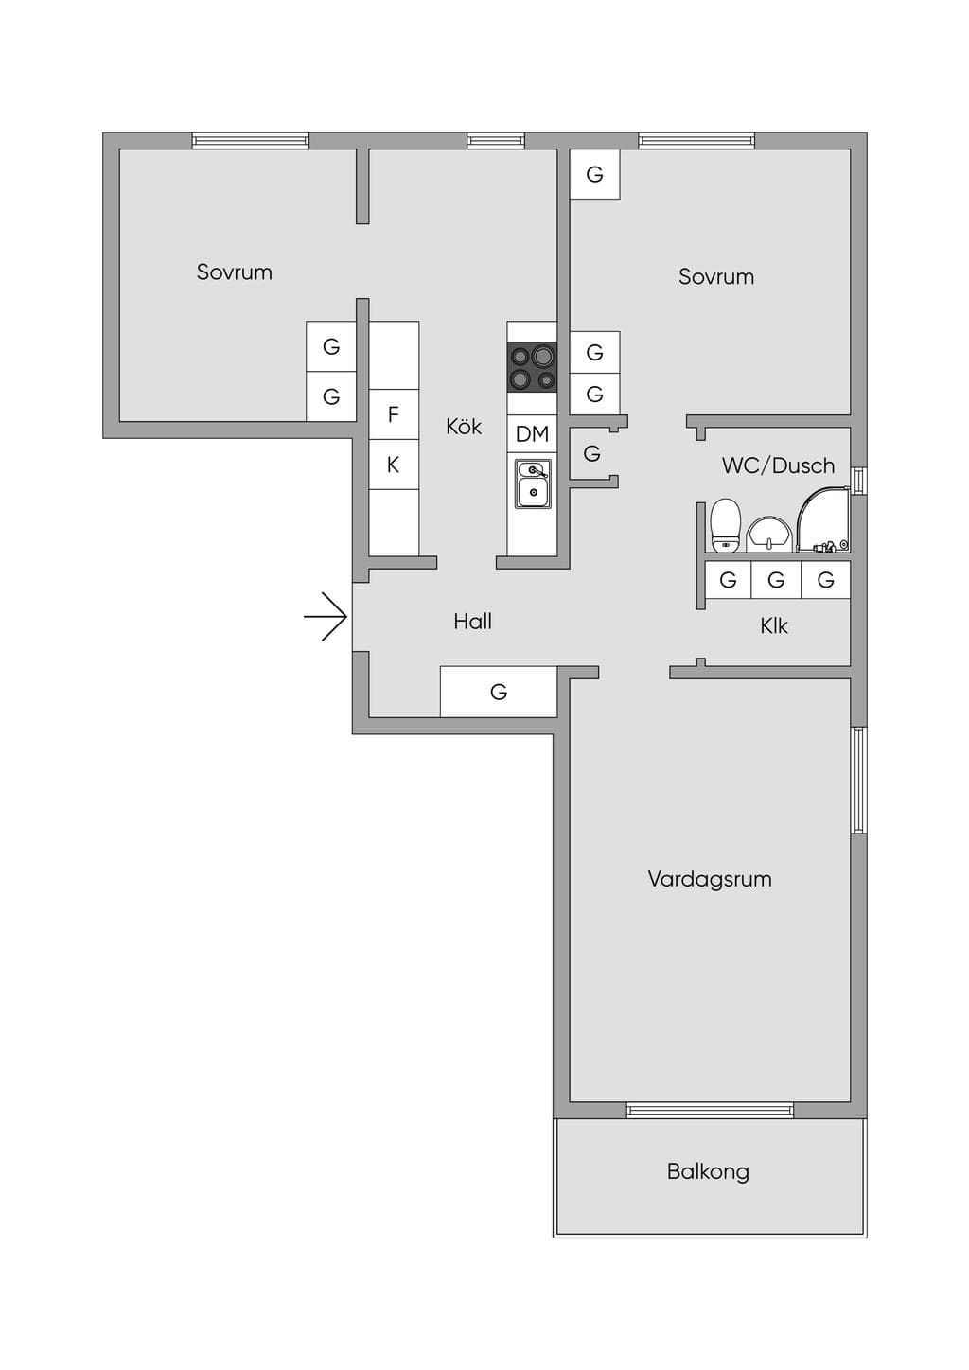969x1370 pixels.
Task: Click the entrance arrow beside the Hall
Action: tap(326, 617)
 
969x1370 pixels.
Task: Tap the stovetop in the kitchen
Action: tap(532, 366)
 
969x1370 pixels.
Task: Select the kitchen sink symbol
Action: tap(533, 483)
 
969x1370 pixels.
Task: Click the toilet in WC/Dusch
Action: tap(726, 526)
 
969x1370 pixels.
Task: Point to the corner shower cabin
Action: tap(823, 519)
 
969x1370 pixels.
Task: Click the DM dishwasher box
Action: tap(532, 434)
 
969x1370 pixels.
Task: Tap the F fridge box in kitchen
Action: tap(394, 414)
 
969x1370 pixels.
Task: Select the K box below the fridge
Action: tap(394, 465)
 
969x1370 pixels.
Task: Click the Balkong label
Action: tap(709, 1171)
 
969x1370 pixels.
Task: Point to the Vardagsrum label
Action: tap(710, 879)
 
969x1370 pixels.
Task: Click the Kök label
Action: tap(464, 427)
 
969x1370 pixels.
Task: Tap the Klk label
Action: tap(774, 625)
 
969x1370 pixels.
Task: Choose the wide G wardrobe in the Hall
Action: tap(499, 692)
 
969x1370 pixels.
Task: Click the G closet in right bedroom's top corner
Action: tap(594, 174)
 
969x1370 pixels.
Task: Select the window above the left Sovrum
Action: tap(250, 141)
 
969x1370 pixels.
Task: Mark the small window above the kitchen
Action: tap(496, 141)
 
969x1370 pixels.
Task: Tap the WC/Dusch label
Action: tap(778, 465)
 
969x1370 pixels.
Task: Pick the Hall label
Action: tap(473, 622)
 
